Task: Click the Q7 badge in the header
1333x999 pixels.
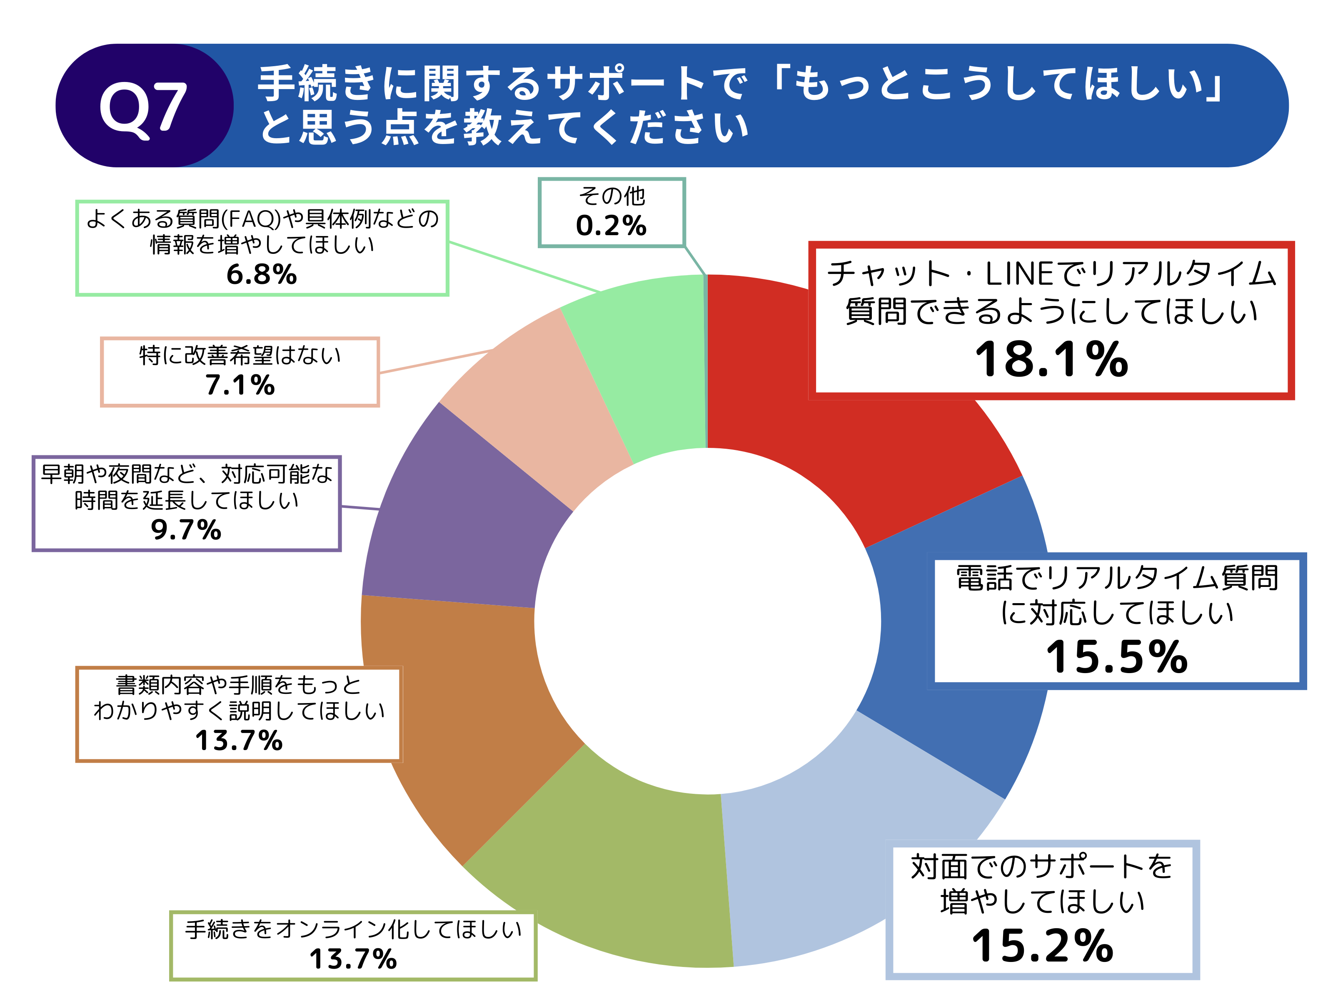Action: (143, 107)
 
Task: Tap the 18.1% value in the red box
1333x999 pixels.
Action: (1051, 360)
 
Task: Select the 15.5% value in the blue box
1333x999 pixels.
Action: (1116, 657)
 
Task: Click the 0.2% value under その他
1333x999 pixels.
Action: (611, 226)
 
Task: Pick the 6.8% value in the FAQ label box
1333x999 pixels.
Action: (262, 275)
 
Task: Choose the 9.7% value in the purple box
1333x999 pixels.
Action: (186, 530)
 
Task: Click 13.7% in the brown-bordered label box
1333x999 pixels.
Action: (239, 741)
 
